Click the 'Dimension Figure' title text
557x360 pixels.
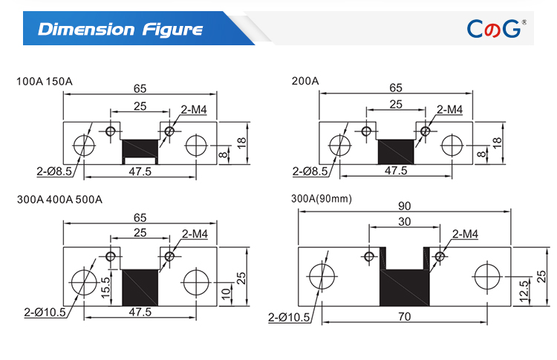[120, 30]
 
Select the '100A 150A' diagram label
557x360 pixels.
[44, 81]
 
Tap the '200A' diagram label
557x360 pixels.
[304, 81]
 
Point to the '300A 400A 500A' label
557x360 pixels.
[59, 200]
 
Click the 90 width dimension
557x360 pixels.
[404, 205]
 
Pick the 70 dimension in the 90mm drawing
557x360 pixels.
[404, 316]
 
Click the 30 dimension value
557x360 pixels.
[405, 222]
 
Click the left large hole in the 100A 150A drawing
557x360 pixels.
[84, 144]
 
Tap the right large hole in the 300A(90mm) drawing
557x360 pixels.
[488, 278]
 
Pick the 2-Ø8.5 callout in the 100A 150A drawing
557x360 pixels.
[56, 171]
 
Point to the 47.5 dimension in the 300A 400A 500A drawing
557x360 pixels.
[140, 312]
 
